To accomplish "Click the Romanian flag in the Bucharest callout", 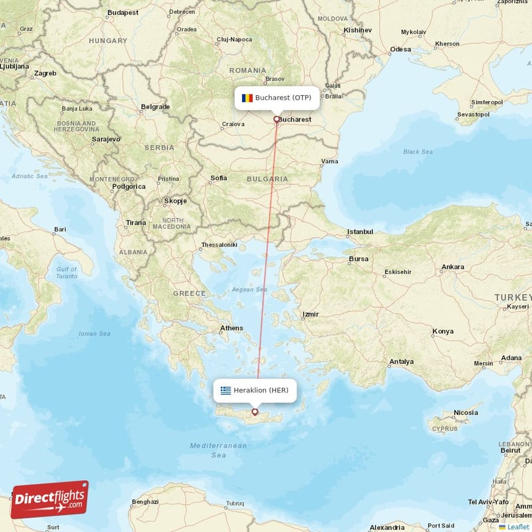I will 247,98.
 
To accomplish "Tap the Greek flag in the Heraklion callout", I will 226,390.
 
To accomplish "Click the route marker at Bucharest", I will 277,120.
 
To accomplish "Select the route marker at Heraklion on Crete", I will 254,412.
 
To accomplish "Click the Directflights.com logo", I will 49,499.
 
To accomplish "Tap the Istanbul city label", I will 360,232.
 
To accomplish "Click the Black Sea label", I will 418,152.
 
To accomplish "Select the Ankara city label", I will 453,267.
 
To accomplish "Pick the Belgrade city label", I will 156,106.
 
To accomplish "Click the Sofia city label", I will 218,178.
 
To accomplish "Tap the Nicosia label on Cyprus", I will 465,413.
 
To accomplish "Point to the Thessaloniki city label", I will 219,245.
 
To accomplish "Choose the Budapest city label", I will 122,12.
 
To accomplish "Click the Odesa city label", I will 400,49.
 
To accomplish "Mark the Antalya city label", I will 402,362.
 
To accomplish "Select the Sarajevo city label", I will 105,139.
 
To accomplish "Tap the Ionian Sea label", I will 94,334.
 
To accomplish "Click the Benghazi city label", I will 146,501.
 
